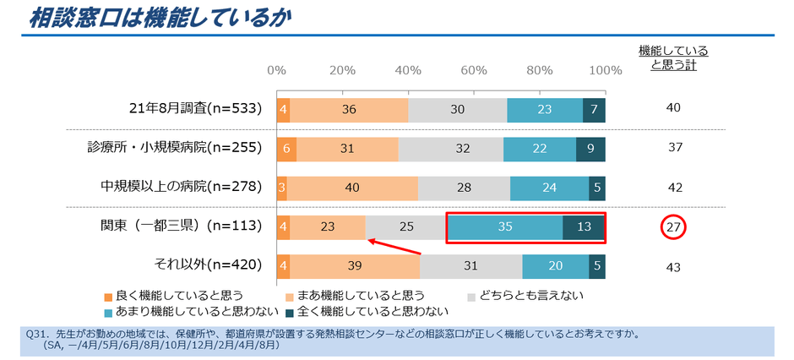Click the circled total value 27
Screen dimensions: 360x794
click(x=674, y=227)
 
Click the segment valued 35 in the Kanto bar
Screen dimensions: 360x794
click(x=505, y=227)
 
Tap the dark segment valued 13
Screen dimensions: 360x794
click(x=584, y=227)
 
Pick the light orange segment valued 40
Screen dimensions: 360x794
click(x=352, y=188)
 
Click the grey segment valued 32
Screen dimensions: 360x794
click(x=450, y=148)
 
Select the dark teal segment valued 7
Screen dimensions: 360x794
click(x=595, y=109)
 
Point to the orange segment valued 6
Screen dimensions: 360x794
click(x=286, y=148)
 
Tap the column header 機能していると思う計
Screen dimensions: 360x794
click(x=673, y=57)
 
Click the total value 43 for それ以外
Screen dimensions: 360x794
click(x=674, y=267)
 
